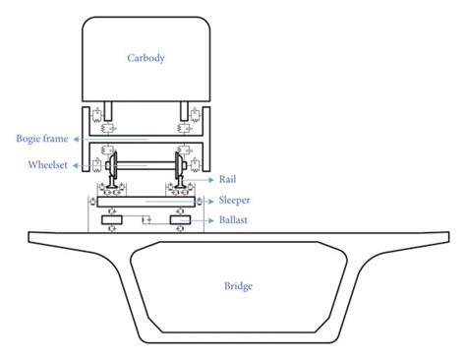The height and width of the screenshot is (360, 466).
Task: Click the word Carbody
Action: [x=146, y=58]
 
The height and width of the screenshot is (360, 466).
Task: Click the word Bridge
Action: [x=238, y=286]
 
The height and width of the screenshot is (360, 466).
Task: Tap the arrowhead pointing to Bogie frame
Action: [x=76, y=139]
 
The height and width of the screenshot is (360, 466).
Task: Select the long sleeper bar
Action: [x=146, y=201]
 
